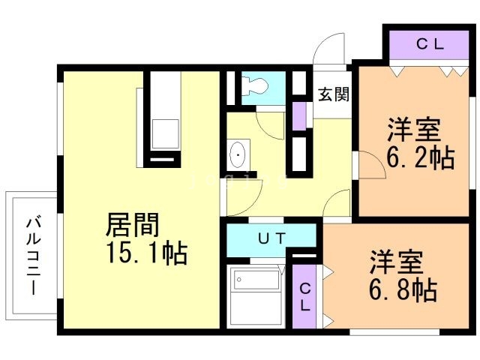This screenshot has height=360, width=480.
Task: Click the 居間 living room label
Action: (x=132, y=225)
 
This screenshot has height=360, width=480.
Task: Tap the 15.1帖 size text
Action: (x=147, y=253)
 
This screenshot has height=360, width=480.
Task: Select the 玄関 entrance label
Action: (x=333, y=94)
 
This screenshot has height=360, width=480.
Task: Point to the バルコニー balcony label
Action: (x=33, y=255)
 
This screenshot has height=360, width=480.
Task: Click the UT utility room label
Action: (x=271, y=238)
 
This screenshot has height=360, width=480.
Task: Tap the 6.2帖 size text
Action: (x=420, y=157)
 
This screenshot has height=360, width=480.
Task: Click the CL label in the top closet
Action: (x=430, y=45)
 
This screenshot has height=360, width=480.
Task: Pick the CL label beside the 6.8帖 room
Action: (x=305, y=297)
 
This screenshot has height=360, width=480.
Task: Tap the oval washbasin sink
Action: (x=238, y=154)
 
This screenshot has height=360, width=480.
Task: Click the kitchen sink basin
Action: (x=166, y=134)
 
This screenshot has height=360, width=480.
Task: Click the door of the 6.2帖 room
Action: (x=372, y=165)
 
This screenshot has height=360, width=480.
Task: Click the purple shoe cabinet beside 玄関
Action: (x=299, y=115)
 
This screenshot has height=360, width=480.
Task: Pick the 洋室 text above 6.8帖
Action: (x=397, y=262)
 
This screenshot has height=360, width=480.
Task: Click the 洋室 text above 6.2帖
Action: (x=414, y=130)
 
